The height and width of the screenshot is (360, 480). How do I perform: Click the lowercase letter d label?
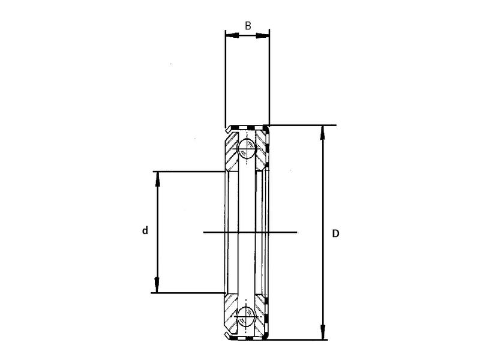pyautogui.click(x=145, y=230)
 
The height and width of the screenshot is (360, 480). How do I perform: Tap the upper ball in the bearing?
pyautogui.click(x=246, y=148)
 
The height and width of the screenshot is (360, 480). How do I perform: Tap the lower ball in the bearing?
pyautogui.click(x=246, y=316)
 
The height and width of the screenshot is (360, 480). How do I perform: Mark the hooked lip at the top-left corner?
pyautogui.click(x=228, y=129)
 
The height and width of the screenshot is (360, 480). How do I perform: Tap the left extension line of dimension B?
pyautogui.click(x=225, y=78)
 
